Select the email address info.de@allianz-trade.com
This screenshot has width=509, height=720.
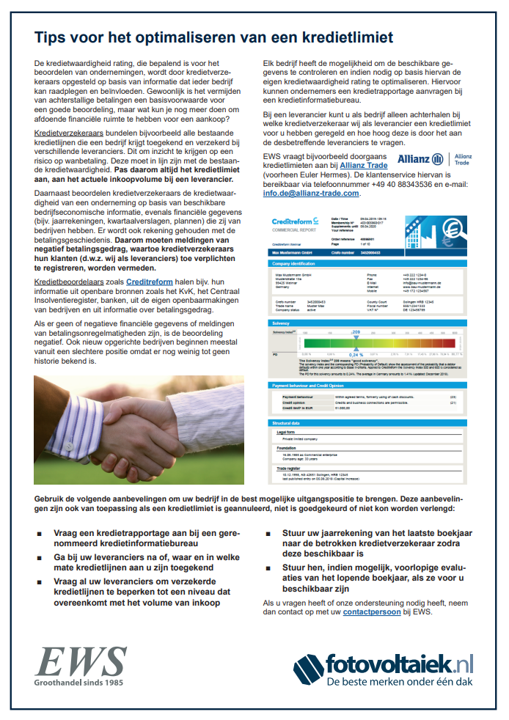coord(311,194)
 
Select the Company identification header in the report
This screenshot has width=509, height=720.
coord(296,262)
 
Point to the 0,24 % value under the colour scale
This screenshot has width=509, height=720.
coord(356,355)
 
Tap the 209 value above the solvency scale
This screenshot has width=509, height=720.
coord(356,332)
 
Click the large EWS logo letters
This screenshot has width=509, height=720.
coord(71,661)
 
